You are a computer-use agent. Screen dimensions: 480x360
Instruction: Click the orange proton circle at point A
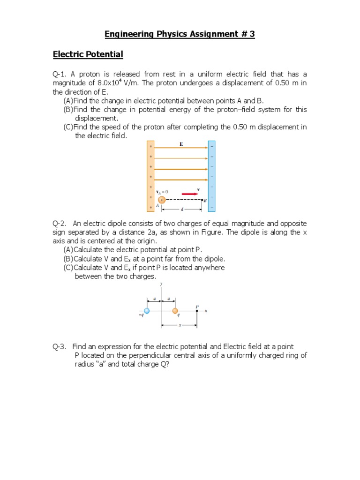point(162,200)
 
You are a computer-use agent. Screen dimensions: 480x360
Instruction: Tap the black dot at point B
point(202,200)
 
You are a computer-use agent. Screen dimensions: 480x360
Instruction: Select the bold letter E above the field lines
point(181,145)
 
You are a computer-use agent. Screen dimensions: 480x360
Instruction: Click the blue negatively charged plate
point(211,176)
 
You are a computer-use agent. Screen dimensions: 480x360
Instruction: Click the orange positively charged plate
point(150,176)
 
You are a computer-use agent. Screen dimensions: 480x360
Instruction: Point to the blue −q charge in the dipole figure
point(147,311)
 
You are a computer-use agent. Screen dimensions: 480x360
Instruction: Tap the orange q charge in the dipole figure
point(175,311)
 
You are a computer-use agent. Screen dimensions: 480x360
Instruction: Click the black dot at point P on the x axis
point(197,311)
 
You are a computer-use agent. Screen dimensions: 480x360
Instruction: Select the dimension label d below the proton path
point(182,209)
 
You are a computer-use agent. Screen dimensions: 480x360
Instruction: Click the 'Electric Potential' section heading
point(88,55)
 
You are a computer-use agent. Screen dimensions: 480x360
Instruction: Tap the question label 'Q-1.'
point(60,75)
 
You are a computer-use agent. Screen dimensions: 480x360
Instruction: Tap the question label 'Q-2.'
point(60,224)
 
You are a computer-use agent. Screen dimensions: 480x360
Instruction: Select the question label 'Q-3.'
point(60,346)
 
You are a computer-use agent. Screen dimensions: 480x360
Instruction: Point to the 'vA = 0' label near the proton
point(162,192)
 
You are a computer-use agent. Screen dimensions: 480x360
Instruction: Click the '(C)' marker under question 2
point(68,268)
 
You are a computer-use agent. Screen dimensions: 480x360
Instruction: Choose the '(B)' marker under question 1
point(68,110)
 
